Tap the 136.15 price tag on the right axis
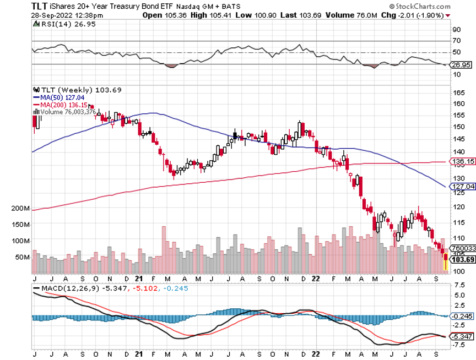coord(462,162)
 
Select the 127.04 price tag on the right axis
coord(462,187)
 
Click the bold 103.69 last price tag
coord(463,259)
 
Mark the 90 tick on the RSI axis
coord(456,29)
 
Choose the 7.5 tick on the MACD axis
coord(458,285)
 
